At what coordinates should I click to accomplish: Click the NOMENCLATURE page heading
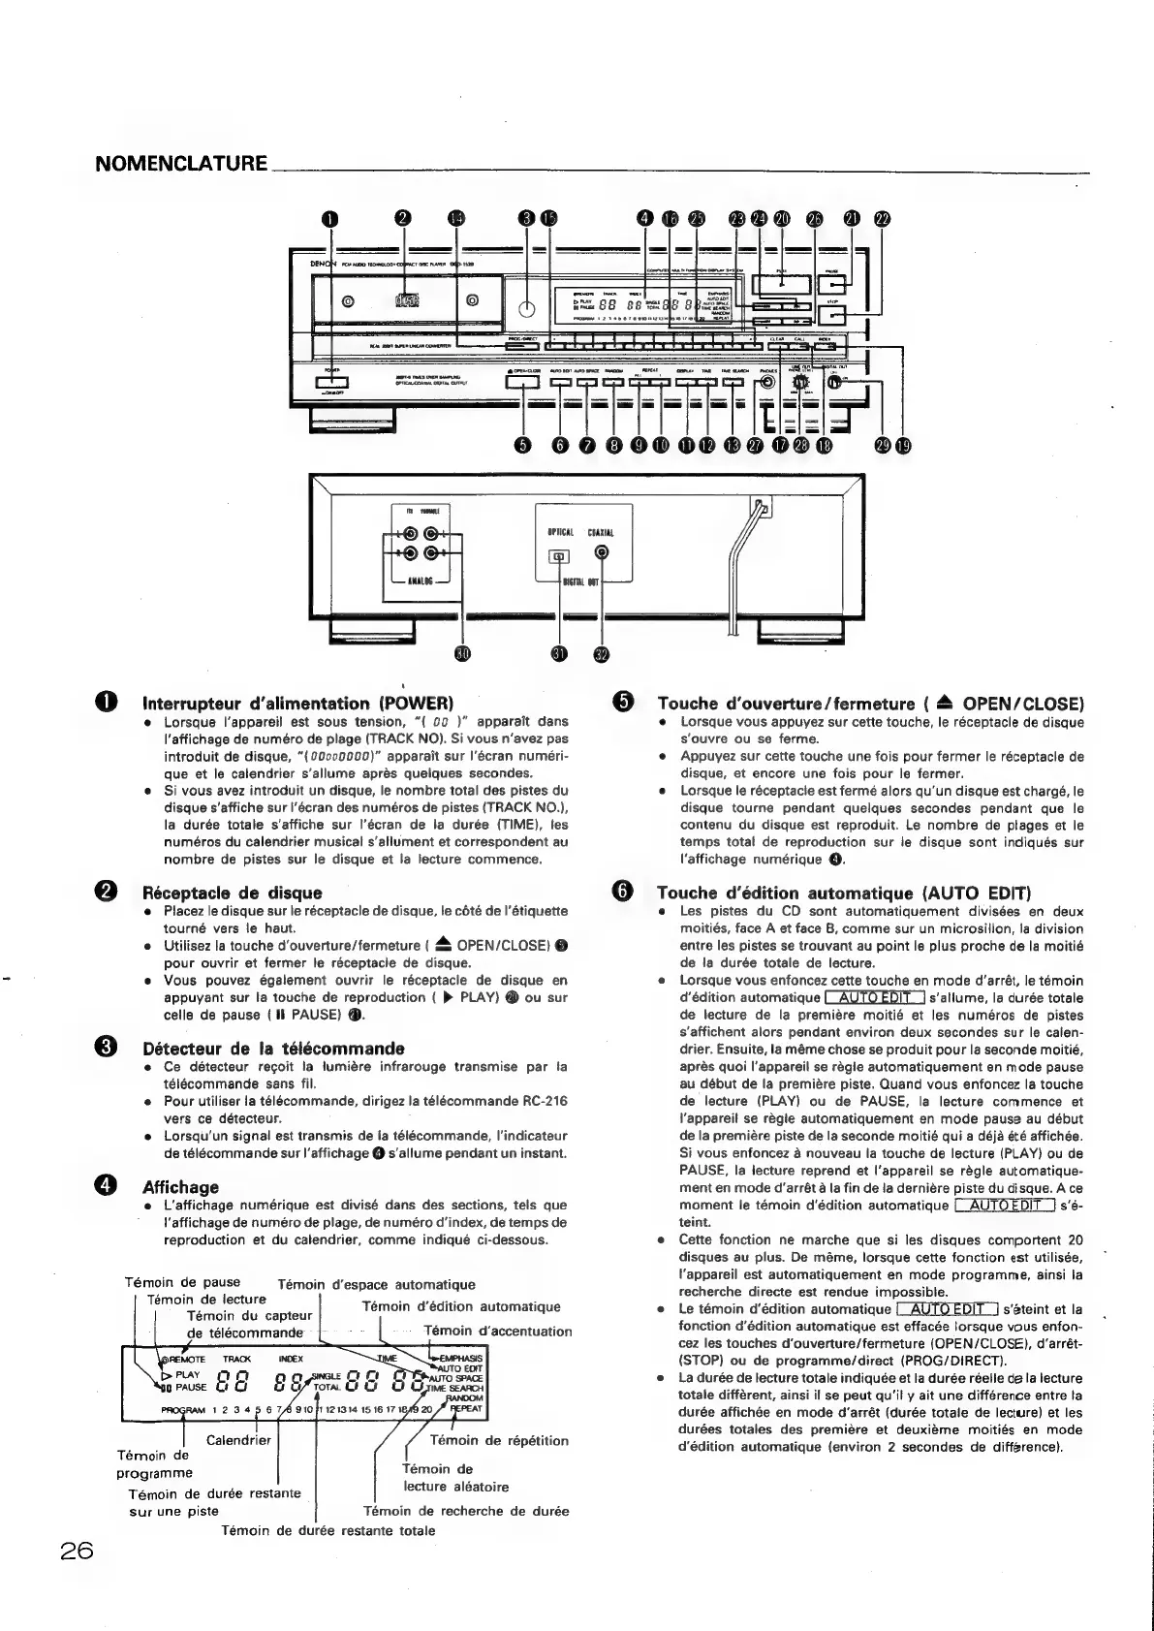pyautogui.click(x=181, y=163)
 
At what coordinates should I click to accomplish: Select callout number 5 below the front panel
pyautogui.click(x=524, y=445)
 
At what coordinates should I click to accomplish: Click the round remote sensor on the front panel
pyautogui.click(x=525, y=309)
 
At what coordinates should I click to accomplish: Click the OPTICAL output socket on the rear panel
pyautogui.click(x=559, y=556)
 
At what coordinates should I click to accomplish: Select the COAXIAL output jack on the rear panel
pyautogui.click(x=603, y=553)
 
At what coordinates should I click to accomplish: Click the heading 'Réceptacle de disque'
pyautogui.click(x=232, y=893)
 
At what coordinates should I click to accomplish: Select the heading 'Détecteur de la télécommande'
pyautogui.click(x=272, y=1049)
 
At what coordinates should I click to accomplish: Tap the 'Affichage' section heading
pyautogui.click(x=180, y=1187)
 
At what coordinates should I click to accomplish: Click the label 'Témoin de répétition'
pyautogui.click(x=498, y=1441)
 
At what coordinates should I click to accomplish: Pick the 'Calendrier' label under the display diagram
pyautogui.click(x=238, y=1441)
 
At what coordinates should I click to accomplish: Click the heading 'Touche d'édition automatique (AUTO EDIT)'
pyautogui.click(x=844, y=893)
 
